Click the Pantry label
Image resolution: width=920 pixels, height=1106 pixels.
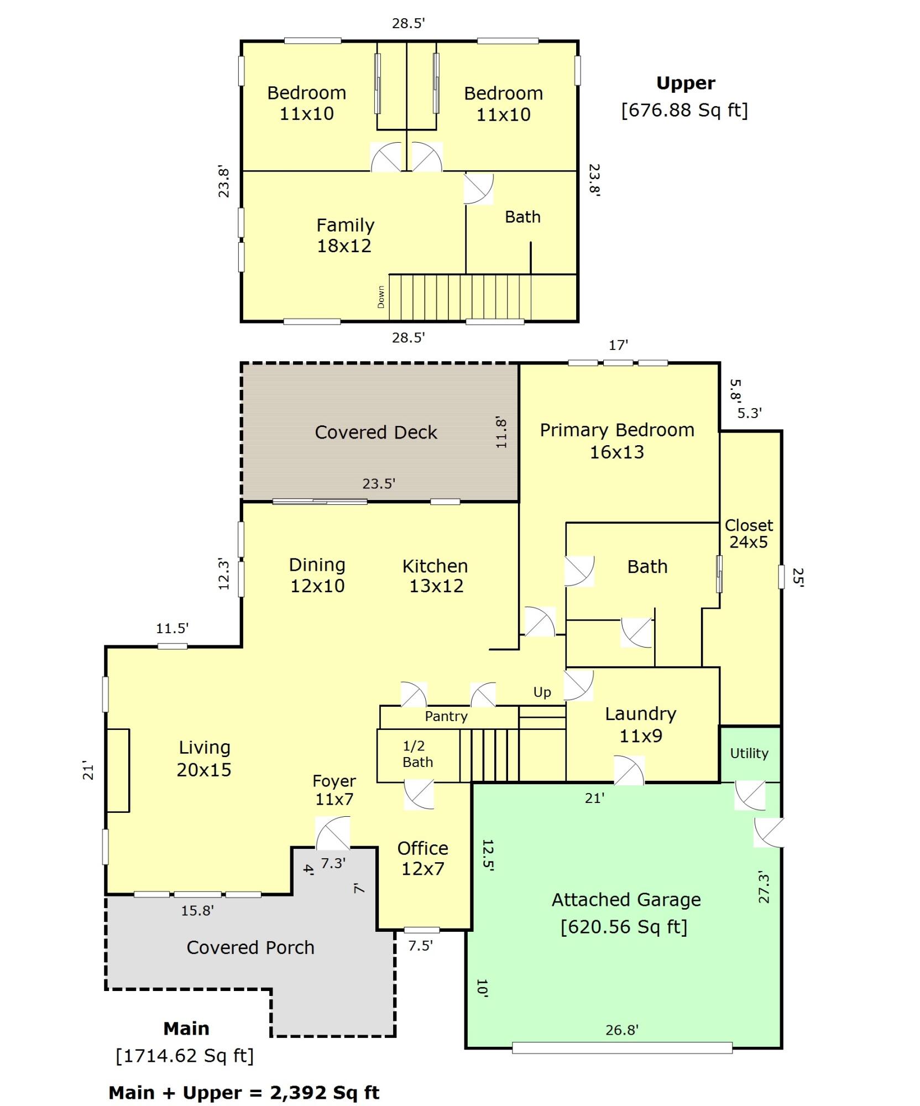pyautogui.click(x=446, y=716)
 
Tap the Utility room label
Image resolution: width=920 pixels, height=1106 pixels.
pyautogui.click(x=749, y=753)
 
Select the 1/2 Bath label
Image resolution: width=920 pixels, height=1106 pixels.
pyautogui.click(x=417, y=754)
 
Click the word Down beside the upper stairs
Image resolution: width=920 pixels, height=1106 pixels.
pyautogui.click(x=380, y=297)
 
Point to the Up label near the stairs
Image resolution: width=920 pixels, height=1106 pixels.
pyautogui.click(x=542, y=692)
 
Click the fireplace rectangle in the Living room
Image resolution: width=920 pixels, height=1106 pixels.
pyautogui.click(x=118, y=770)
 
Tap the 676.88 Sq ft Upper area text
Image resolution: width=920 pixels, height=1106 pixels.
pyautogui.click(x=684, y=110)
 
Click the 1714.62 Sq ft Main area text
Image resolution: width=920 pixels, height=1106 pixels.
pyautogui.click(x=185, y=1056)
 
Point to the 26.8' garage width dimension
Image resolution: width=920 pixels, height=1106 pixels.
pyautogui.click(x=621, y=1030)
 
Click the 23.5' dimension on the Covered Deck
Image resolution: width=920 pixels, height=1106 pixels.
pyautogui.click(x=379, y=484)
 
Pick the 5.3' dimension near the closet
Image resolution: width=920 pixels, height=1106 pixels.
pyautogui.click(x=749, y=413)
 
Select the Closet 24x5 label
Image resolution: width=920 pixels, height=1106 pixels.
pyautogui.click(x=749, y=534)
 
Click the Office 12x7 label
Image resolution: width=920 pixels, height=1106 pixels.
pyautogui.click(x=422, y=858)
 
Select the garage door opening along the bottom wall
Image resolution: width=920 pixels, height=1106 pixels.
pyautogui.click(x=622, y=1047)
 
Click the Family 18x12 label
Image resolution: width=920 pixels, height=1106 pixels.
pyautogui.click(x=345, y=235)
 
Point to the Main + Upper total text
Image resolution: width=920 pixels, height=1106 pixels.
pyautogui.click(x=244, y=1093)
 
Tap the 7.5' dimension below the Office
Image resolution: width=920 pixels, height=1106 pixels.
pyautogui.click(x=420, y=946)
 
